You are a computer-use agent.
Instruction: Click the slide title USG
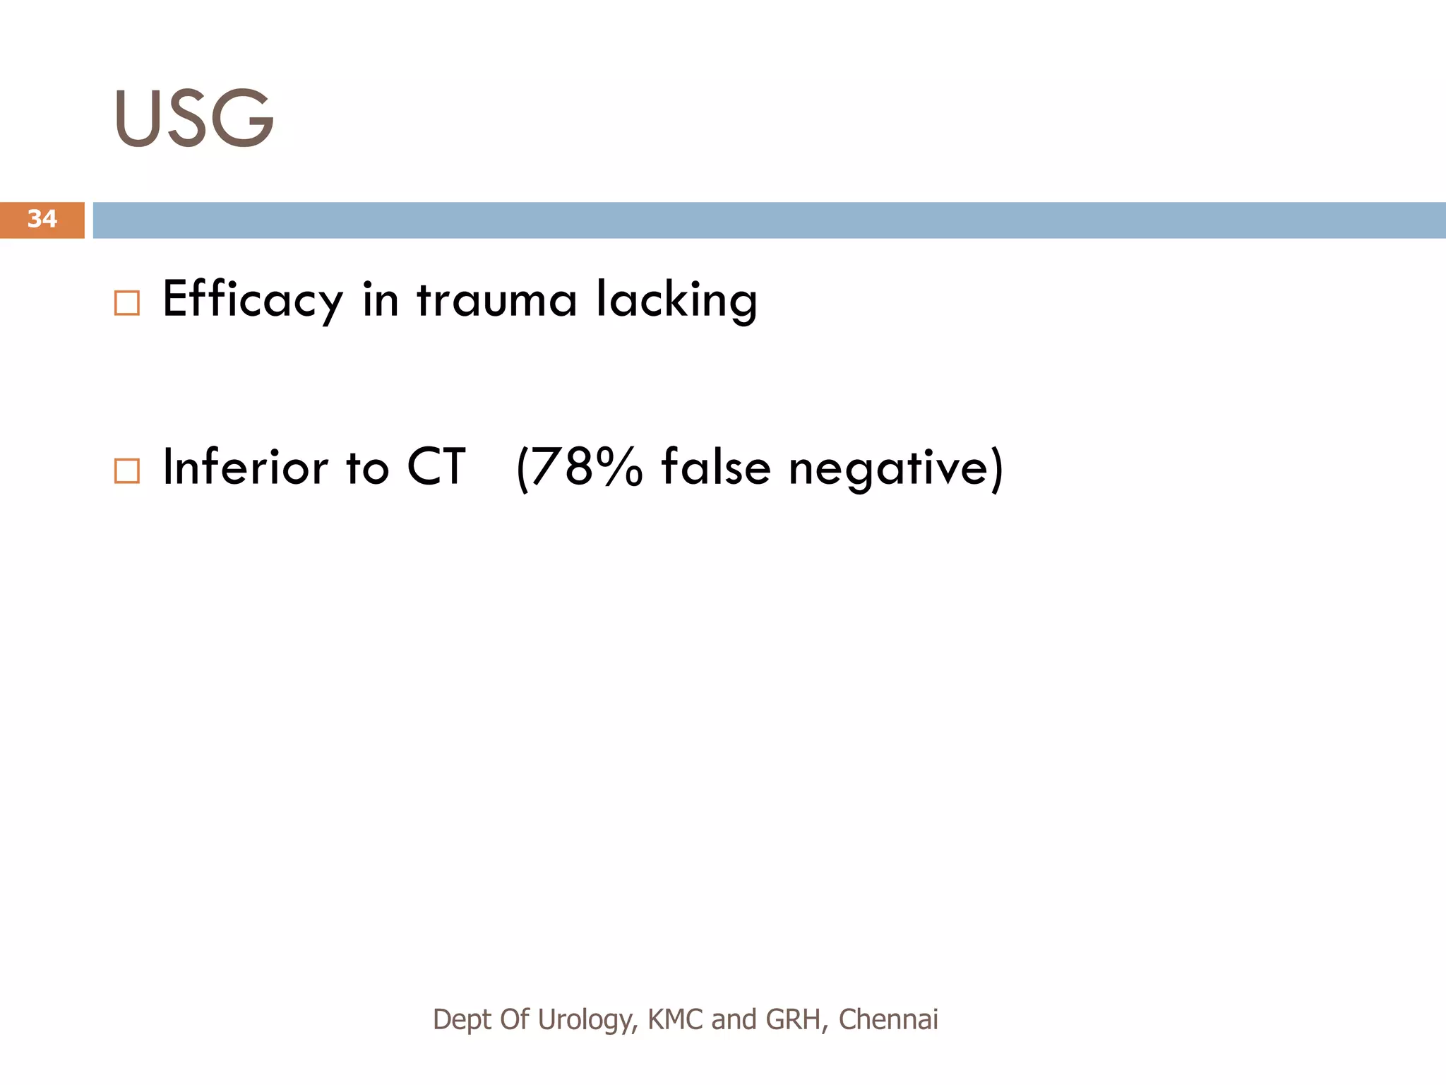coord(194,118)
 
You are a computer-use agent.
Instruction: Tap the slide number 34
coord(42,219)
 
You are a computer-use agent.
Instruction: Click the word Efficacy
coord(252,300)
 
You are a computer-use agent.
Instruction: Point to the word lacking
coord(676,300)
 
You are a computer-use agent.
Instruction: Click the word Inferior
coord(245,467)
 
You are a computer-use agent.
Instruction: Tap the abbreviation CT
coord(436,467)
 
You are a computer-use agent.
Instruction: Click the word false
coord(715,467)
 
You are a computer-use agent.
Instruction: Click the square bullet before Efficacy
coord(127,303)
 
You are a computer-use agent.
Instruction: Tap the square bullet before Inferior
coord(127,470)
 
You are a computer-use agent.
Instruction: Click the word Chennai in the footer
coord(888,1020)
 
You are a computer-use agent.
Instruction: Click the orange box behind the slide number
coord(14,220)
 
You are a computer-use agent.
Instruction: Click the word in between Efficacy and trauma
coord(381,300)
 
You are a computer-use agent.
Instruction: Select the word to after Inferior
coord(367,467)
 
